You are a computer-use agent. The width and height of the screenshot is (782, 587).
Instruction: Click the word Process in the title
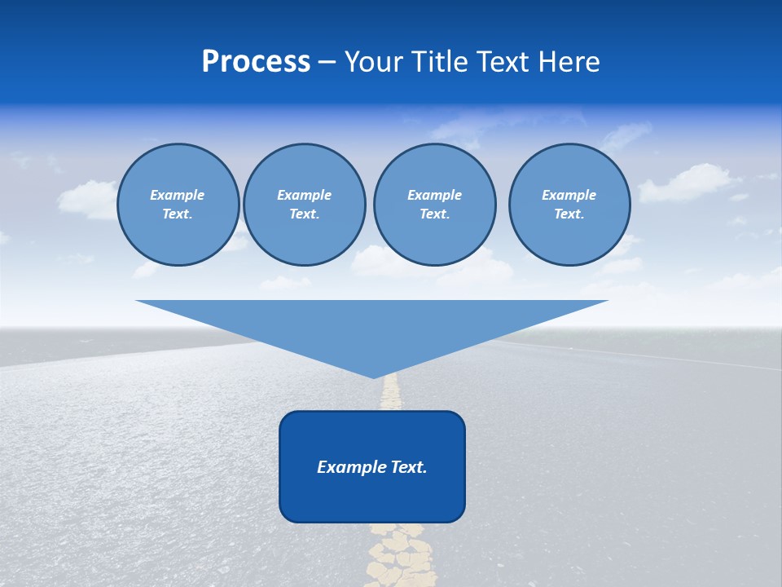coord(256,62)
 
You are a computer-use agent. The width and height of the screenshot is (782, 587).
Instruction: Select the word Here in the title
coord(568,62)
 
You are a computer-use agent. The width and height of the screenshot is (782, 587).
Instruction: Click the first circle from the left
coord(178,205)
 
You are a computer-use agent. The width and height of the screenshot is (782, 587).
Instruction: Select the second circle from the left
coord(304,205)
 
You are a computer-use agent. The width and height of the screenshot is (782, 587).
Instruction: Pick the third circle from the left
coord(434,205)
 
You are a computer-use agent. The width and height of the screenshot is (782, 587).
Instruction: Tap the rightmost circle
coord(569,205)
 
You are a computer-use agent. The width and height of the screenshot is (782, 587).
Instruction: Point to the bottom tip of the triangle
coord(373,376)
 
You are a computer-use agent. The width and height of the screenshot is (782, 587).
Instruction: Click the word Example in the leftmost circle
coord(177,195)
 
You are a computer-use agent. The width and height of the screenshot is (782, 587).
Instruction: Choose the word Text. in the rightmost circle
coord(569,214)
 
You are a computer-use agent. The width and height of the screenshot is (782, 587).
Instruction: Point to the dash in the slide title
coord(327,62)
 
